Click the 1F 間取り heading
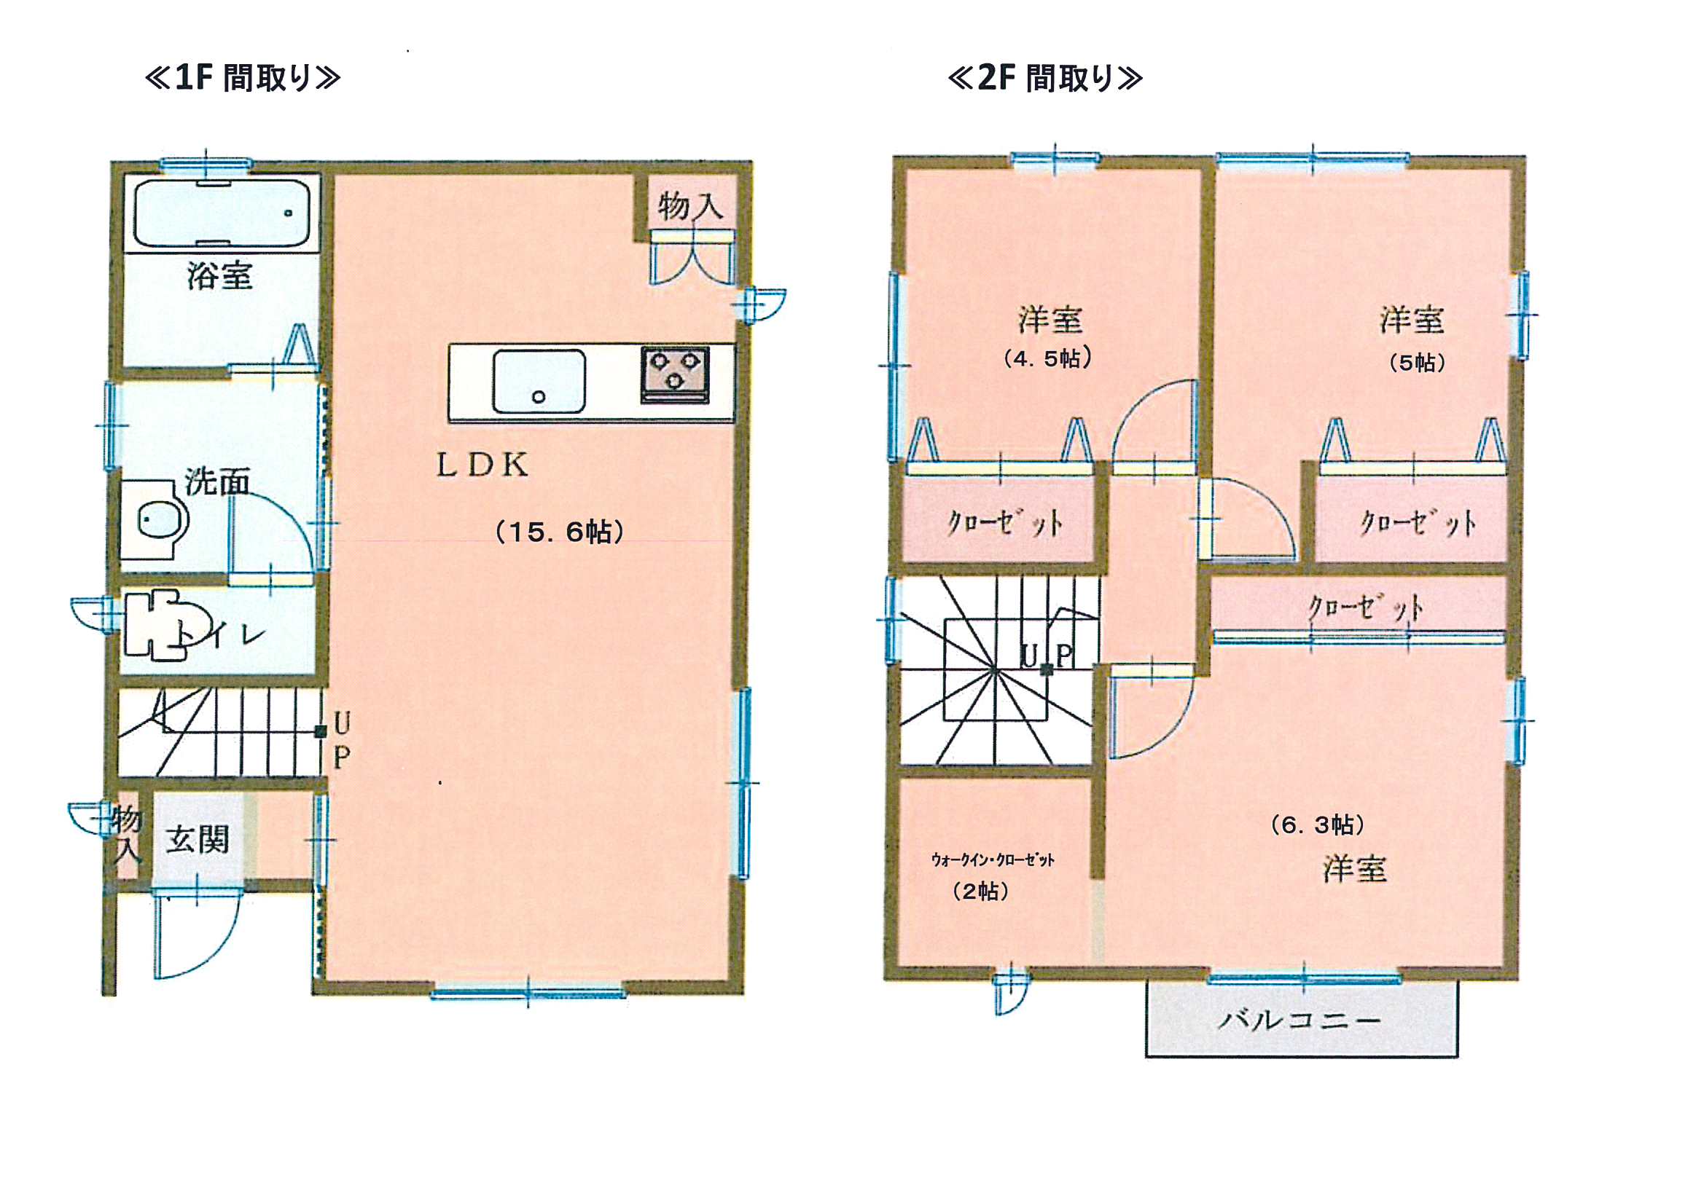tap(243, 77)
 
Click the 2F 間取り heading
tap(1045, 77)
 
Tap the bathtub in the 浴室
tap(221, 213)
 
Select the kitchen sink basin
tap(539, 382)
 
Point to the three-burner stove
tap(675, 374)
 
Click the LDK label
tap(482, 465)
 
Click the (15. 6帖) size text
tap(560, 532)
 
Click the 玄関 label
tap(197, 841)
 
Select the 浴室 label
tap(219, 276)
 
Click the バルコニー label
tap(1300, 1020)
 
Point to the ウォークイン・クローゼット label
tap(992, 859)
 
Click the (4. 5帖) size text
tap(1048, 359)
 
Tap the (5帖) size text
tap(1417, 363)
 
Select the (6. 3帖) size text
tap(1317, 825)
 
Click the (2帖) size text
tap(980, 891)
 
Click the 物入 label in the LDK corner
tap(690, 205)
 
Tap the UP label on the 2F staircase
tap(1047, 656)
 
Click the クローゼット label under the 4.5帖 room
tap(1004, 524)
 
